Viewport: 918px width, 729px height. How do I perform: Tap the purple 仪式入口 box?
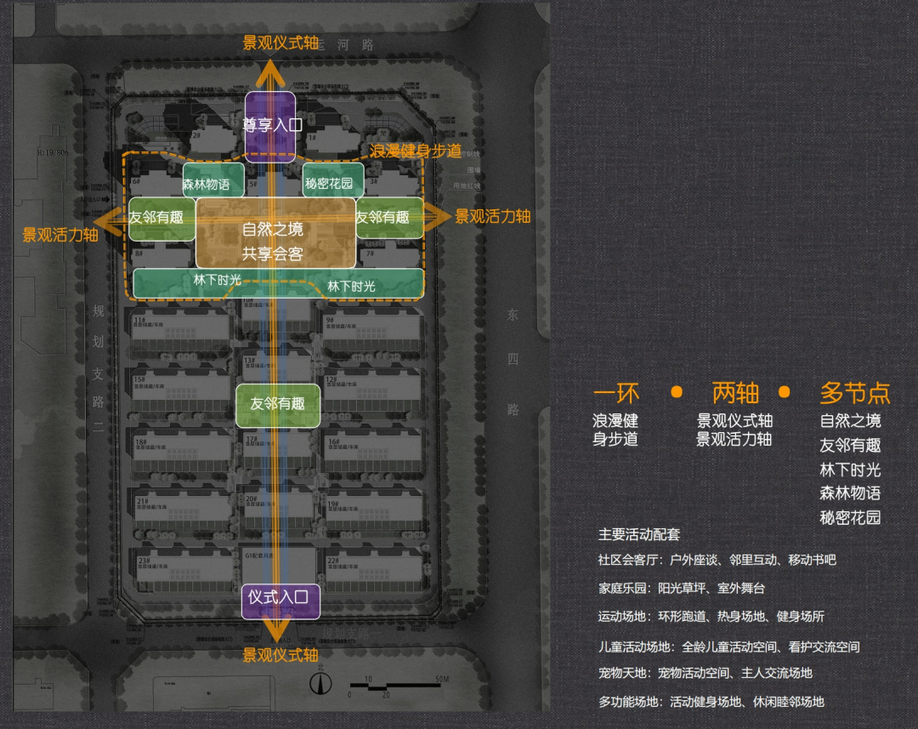coord(280,596)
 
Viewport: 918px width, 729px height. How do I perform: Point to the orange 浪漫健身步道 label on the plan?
coord(416,151)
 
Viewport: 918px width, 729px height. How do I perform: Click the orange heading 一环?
coord(615,393)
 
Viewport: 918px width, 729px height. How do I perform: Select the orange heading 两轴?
coord(735,393)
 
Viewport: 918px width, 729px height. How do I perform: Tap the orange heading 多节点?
coord(854,393)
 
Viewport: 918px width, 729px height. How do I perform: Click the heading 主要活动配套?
coord(639,535)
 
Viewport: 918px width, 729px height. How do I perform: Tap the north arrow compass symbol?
coord(320,683)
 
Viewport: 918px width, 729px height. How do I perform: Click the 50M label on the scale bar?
coord(441,679)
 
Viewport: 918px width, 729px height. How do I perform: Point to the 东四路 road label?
coord(513,361)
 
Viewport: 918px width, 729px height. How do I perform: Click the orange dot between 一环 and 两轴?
coord(677,392)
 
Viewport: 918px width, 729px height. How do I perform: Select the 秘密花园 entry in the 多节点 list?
coord(850,517)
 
